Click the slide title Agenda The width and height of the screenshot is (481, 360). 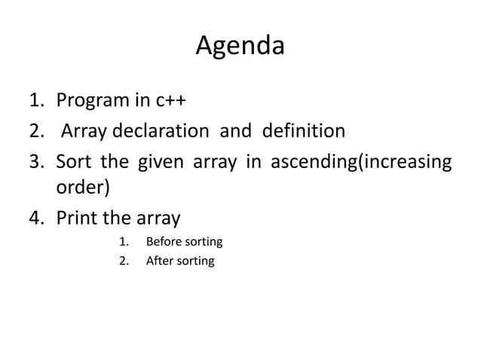point(240,47)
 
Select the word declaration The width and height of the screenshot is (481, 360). point(161,131)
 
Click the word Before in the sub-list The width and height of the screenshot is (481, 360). point(163,242)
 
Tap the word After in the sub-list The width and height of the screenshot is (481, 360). point(158,261)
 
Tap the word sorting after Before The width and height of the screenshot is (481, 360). point(203,242)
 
